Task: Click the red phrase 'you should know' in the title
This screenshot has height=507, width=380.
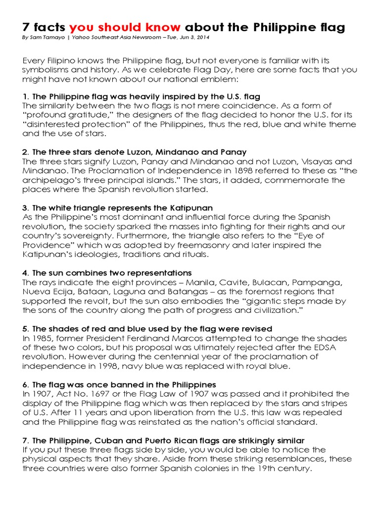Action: coord(125,27)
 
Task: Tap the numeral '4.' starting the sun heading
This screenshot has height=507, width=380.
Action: coord(26,273)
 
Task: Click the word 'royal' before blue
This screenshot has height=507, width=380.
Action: coord(262,366)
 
